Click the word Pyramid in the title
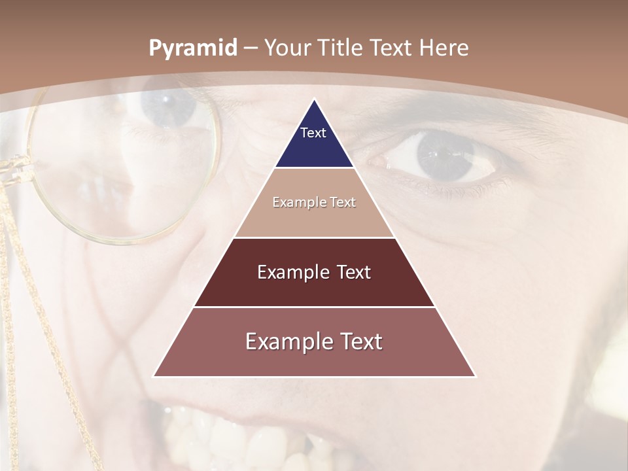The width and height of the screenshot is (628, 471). [x=193, y=48]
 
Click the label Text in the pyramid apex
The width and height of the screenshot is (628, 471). [x=313, y=133]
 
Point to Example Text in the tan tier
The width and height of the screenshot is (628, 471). [x=314, y=202]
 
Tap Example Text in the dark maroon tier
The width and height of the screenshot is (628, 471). [x=314, y=272]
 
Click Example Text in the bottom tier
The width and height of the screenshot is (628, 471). [x=314, y=341]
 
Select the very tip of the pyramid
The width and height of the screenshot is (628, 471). [x=314, y=100]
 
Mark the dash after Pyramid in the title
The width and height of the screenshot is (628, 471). [x=250, y=48]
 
